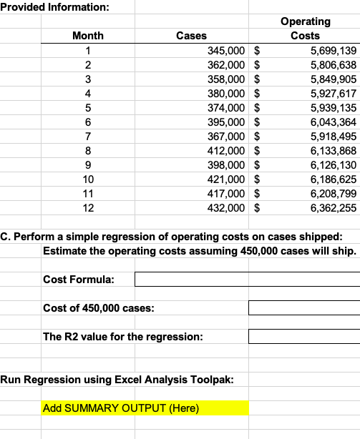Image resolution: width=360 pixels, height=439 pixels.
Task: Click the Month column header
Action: click(88, 35)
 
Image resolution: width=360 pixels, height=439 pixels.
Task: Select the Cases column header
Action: click(191, 35)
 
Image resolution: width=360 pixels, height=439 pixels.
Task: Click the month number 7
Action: click(87, 136)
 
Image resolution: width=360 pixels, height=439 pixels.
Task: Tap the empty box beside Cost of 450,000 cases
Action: click(304, 307)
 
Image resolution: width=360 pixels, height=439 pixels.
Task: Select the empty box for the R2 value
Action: click(304, 336)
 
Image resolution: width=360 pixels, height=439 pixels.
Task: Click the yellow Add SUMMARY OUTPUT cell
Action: click(145, 408)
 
